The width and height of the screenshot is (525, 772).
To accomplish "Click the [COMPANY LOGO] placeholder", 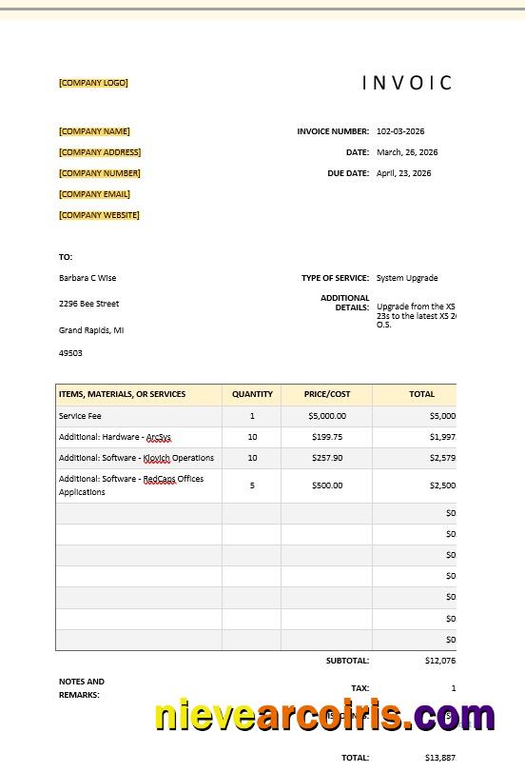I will tap(93, 83).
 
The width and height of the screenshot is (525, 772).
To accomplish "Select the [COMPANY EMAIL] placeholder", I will tap(94, 194).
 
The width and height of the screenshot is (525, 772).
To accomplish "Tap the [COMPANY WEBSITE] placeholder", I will tap(99, 215).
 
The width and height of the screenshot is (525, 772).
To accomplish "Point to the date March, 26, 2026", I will tap(407, 152).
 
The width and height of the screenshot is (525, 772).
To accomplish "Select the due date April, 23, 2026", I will tap(403, 173).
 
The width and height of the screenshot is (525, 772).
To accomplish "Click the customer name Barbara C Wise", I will tap(87, 278).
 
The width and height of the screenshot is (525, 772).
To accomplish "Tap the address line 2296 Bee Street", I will tap(88, 304).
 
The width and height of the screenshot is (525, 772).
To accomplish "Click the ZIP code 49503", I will tap(70, 353).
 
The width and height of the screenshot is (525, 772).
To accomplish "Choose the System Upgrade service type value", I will tap(407, 278).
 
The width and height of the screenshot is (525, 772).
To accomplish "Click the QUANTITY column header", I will tap(252, 394).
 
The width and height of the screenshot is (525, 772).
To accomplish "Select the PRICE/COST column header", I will tap(327, 394).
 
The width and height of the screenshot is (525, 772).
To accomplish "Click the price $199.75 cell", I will tap(327, 437).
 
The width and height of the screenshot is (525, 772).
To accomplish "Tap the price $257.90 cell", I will tap(327, 458).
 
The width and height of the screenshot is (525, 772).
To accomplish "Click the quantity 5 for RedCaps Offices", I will tap(252, 485).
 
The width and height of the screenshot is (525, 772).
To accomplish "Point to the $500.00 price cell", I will tap(327, 485).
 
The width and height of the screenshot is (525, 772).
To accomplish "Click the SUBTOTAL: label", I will tap(347, 661).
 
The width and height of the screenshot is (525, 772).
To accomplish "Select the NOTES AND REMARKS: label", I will tap(82, 688).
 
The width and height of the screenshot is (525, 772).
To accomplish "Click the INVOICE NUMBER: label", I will tap(333, 131).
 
